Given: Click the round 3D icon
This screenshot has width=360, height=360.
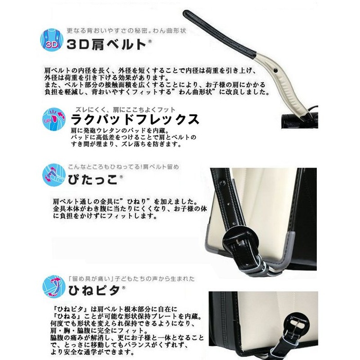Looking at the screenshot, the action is point(51,40).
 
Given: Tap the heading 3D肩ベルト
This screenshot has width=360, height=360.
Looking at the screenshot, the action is point(106,44).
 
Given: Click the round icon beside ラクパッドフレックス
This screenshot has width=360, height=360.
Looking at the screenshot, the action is point(54,119).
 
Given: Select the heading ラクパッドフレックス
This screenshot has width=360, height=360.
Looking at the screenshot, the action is point(135,119).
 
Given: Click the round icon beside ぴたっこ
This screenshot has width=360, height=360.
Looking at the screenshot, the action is point(54,175).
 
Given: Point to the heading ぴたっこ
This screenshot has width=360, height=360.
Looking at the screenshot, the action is point(93,179).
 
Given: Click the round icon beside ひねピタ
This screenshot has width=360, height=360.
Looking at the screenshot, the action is point(54,286).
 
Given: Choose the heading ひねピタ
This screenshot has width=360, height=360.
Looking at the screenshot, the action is point(94,290).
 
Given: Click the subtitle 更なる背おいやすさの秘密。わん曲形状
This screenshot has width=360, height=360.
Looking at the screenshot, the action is point(127,30).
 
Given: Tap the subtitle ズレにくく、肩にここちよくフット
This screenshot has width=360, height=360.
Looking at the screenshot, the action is point(125,110).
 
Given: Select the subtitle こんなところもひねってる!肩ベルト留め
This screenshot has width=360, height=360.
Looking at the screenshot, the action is point(123,167).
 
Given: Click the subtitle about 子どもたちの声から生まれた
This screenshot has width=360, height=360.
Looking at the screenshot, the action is point(132,279).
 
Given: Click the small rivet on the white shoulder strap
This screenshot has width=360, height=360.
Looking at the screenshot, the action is point(276,70).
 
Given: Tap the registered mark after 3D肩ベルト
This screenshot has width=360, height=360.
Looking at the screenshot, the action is point(150,41).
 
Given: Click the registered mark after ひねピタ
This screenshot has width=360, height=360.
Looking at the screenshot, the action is point(123,287).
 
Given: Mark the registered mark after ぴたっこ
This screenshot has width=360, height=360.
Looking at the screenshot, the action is point(121,176).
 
